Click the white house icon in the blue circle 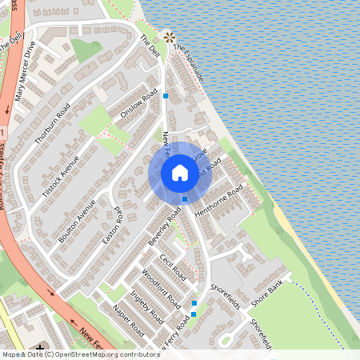click(180, 172)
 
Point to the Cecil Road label click(173, 266)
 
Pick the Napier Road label click(128, 323)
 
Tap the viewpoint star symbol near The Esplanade click(169, 37)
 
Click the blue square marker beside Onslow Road click(166, 96)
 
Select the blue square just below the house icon click(185, 198)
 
